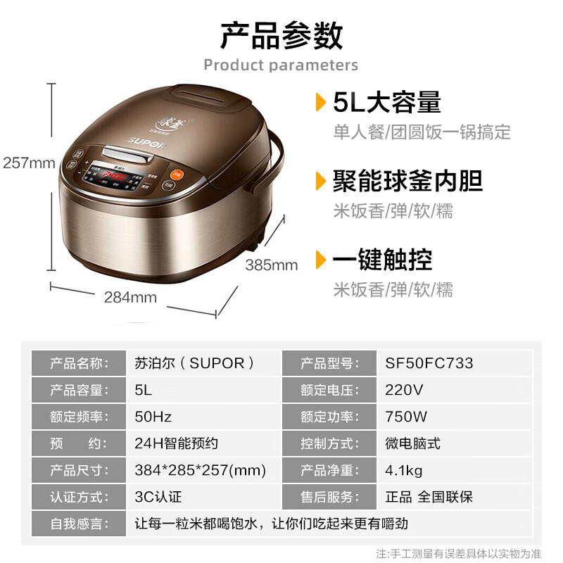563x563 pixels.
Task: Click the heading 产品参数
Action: click(281, 35)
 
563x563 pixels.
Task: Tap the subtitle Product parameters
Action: click(281, 65)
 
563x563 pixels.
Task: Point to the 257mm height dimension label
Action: click(29, 163)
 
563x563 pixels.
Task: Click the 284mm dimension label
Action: click(130, 297)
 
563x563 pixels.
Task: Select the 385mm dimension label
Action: click(272, 265)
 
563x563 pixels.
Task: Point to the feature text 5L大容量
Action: click(387, 103)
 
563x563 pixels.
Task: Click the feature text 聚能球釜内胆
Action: click(407, 181)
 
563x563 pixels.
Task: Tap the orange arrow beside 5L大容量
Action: click(321, 103)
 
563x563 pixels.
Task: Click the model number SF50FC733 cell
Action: click(429, 364)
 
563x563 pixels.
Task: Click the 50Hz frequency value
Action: click(153, 417)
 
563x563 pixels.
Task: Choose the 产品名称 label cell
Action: click(79, 364)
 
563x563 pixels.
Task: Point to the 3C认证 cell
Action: click(158, 497)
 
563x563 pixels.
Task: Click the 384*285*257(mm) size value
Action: click(200, 470)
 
